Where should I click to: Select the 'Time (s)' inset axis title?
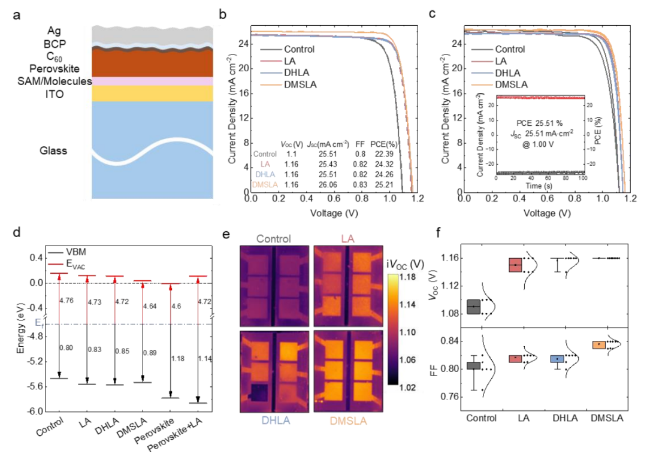tap(540, 187)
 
